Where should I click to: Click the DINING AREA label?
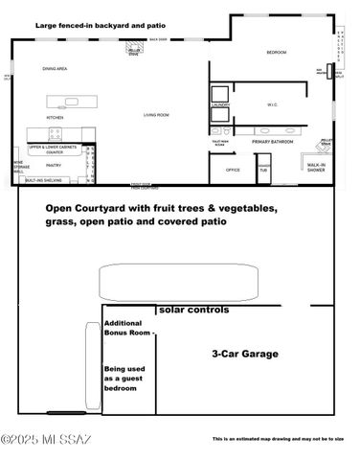tap(55, 69)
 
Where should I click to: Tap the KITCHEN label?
tap(56, 118)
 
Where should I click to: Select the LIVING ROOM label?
tap(157, 115)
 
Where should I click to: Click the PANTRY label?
tap(55, 164)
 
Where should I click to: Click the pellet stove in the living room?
tap(135, 51)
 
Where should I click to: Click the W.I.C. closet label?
tap(272, 104)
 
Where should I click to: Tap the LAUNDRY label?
tap(219, 104)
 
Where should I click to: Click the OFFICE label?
tap(232, 170)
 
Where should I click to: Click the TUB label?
tap(262, 170)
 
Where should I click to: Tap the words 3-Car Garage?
tap(245, 354)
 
